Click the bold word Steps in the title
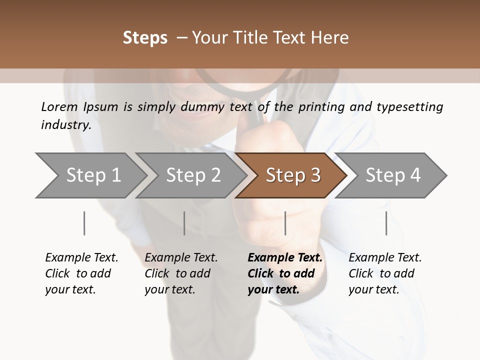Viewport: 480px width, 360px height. coord(145,38)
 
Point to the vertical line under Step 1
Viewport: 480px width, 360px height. coord(84,223)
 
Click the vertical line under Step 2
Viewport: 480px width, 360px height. coord(184,223)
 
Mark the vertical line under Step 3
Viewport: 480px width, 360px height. coord(285,223)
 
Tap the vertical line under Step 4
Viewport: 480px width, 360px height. coord(386,223)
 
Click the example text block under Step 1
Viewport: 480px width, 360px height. coord(81,273)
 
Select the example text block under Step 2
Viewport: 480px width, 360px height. coord(181,273)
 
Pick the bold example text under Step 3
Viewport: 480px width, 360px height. coord(285,273)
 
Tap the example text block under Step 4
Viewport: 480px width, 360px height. coord(385,273)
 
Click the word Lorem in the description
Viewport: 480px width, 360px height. coord(59,107)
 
